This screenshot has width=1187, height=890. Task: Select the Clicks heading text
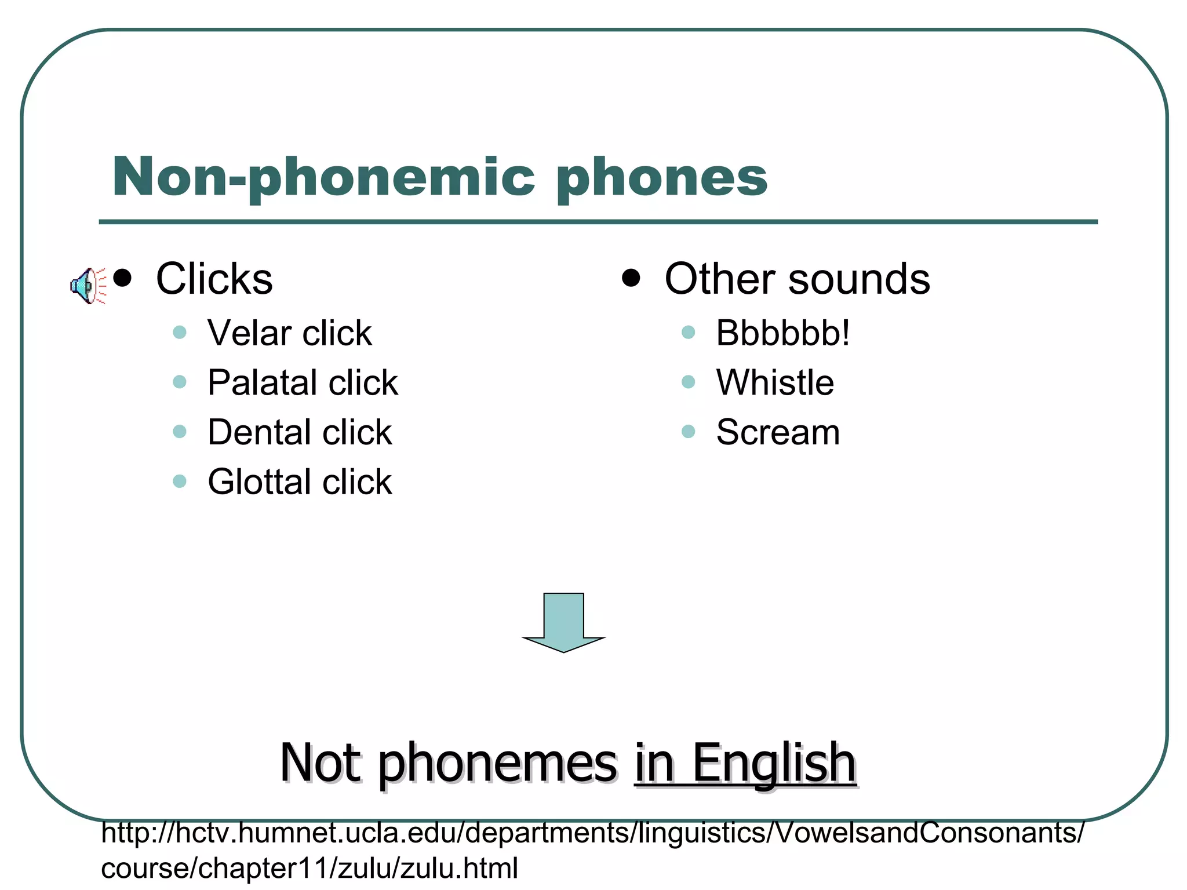[214, 279]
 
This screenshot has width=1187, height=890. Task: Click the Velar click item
[289, 333]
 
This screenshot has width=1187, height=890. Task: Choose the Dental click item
[300, 432]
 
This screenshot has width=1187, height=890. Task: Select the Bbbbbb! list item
[782, 333]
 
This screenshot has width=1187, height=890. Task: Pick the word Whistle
[775, 382]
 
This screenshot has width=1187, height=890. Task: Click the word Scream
[778, 432]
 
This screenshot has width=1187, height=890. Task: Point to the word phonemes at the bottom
[498, 764]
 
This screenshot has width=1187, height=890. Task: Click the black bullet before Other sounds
[631, 278]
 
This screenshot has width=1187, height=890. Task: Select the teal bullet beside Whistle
[688, 382]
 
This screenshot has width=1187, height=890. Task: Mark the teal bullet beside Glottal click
[180, 482]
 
